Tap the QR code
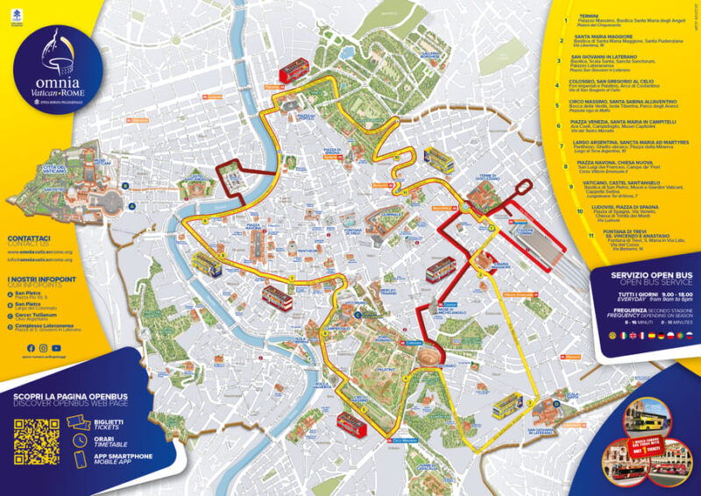(36, 443)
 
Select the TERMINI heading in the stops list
(584, 17)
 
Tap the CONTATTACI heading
(28, 238)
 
